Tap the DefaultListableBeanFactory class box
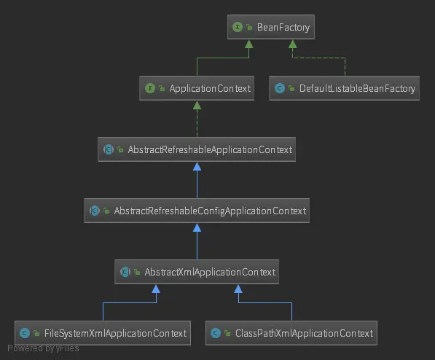[x=344, y=89]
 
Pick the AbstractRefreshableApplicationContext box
[x=197, y=150]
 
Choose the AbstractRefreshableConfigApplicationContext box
[x=197, y=211]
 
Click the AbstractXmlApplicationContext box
[x=197, y=273]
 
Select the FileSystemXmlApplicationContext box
[x=103, y=334]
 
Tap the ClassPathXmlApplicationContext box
[x=291, y=334]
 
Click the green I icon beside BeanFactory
[x=237, y=28]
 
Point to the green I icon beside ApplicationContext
[x=149, y=89]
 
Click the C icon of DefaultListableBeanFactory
[x=279, y=89]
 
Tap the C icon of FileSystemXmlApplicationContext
[x=25, y=334]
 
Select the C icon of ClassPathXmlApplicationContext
[x=216, y=334]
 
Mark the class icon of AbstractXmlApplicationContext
[x=125, y=273]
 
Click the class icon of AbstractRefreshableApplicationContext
[x=108, y=150]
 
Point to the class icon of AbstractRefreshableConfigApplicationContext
[x=94, y=211]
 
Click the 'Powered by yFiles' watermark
[x=43, y=348]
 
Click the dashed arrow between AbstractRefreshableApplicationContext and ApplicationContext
[x=197, y=120]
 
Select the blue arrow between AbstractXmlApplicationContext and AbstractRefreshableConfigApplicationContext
[x=197, y=242]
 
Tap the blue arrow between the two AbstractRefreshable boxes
[x=197, y=181]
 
